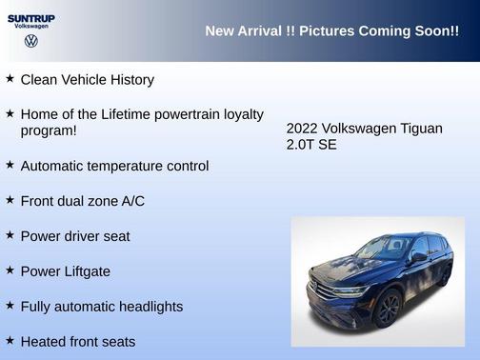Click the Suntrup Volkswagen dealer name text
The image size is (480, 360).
[x=31, y=21]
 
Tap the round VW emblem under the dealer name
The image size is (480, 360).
[x=31, y=42]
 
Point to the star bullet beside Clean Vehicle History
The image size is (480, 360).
[x=10, y=78]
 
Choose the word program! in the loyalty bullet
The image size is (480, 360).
[x=49, y=130]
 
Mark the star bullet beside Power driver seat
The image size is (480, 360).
[x=10, y=234]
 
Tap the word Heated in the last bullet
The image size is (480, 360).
[x=43, y=341]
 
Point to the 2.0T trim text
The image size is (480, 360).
[x=301, y=145]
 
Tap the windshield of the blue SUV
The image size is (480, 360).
[x=384, y=250]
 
